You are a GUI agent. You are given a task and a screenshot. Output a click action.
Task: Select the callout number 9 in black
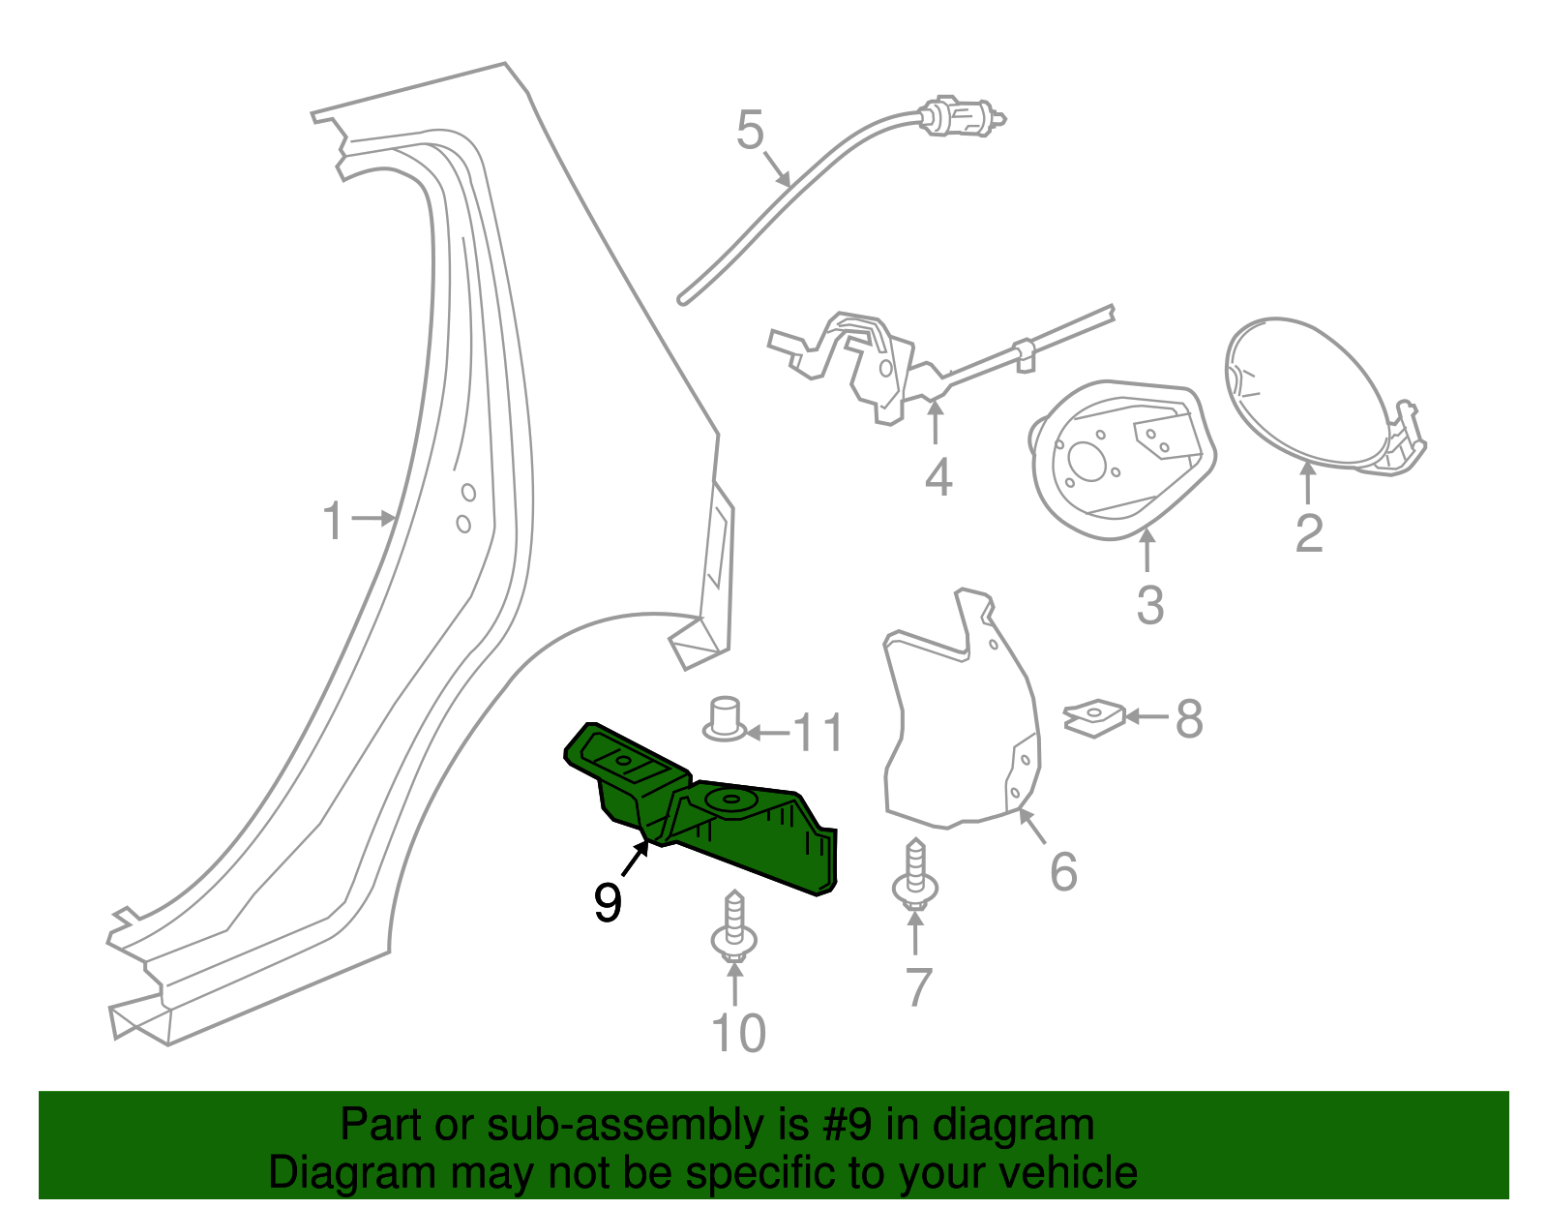[x=608, y=903]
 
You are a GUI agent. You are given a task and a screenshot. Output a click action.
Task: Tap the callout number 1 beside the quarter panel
[x=333, y=522]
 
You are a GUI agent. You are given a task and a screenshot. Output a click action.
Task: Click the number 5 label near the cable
[x=750, y=131]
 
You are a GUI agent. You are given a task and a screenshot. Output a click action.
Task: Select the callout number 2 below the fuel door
[x=1309, y=533]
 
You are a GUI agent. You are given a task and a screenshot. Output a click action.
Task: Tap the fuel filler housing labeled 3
[x=1117, y=460]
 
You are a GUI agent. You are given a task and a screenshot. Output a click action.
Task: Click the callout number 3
[x=1149, y=605]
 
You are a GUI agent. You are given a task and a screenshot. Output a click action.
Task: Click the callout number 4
[x=938, y=478]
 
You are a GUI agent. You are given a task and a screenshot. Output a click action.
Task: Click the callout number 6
[x=1063, y=872]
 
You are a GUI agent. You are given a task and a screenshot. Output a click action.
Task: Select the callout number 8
[x=1189, y=719]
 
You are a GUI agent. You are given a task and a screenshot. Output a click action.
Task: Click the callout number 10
[x=738, y=1034]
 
